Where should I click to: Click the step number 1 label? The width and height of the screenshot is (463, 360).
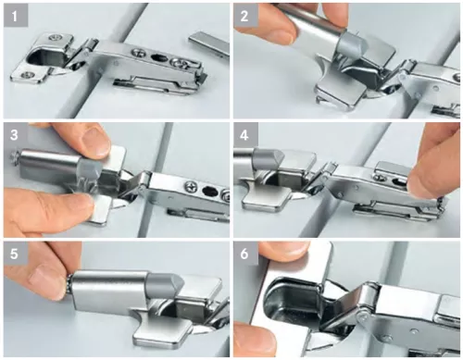(16, 16)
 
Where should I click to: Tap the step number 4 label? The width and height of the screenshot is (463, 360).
(245, 134)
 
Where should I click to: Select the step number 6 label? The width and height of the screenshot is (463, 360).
(245, 254)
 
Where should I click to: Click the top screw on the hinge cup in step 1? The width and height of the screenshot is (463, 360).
(56, 38)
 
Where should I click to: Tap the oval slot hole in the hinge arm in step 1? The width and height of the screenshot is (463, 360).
(158, 57)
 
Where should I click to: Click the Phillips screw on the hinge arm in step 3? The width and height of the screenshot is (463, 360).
(191, 187)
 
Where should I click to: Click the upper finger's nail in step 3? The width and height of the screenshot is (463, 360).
(95, 141)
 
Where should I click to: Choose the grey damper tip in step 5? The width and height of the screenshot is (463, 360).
(165, 285)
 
